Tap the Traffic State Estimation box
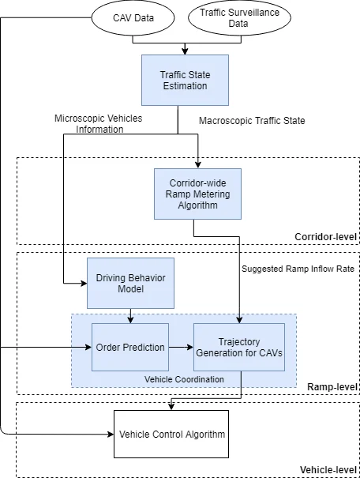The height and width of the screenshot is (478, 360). coord(184,81)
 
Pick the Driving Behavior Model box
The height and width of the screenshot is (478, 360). coord(129,283)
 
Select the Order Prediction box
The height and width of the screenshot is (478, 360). coord(129,346)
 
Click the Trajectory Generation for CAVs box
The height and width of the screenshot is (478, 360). coord(238,346)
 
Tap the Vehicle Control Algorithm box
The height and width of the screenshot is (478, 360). coord(171,434)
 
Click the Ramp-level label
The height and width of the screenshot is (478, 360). coord(332,386)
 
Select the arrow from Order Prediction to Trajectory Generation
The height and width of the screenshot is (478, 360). coord(181,346)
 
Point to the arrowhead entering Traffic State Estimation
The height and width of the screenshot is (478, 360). coord(184,51)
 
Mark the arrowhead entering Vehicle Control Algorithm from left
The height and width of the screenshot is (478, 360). coord(110,434)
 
